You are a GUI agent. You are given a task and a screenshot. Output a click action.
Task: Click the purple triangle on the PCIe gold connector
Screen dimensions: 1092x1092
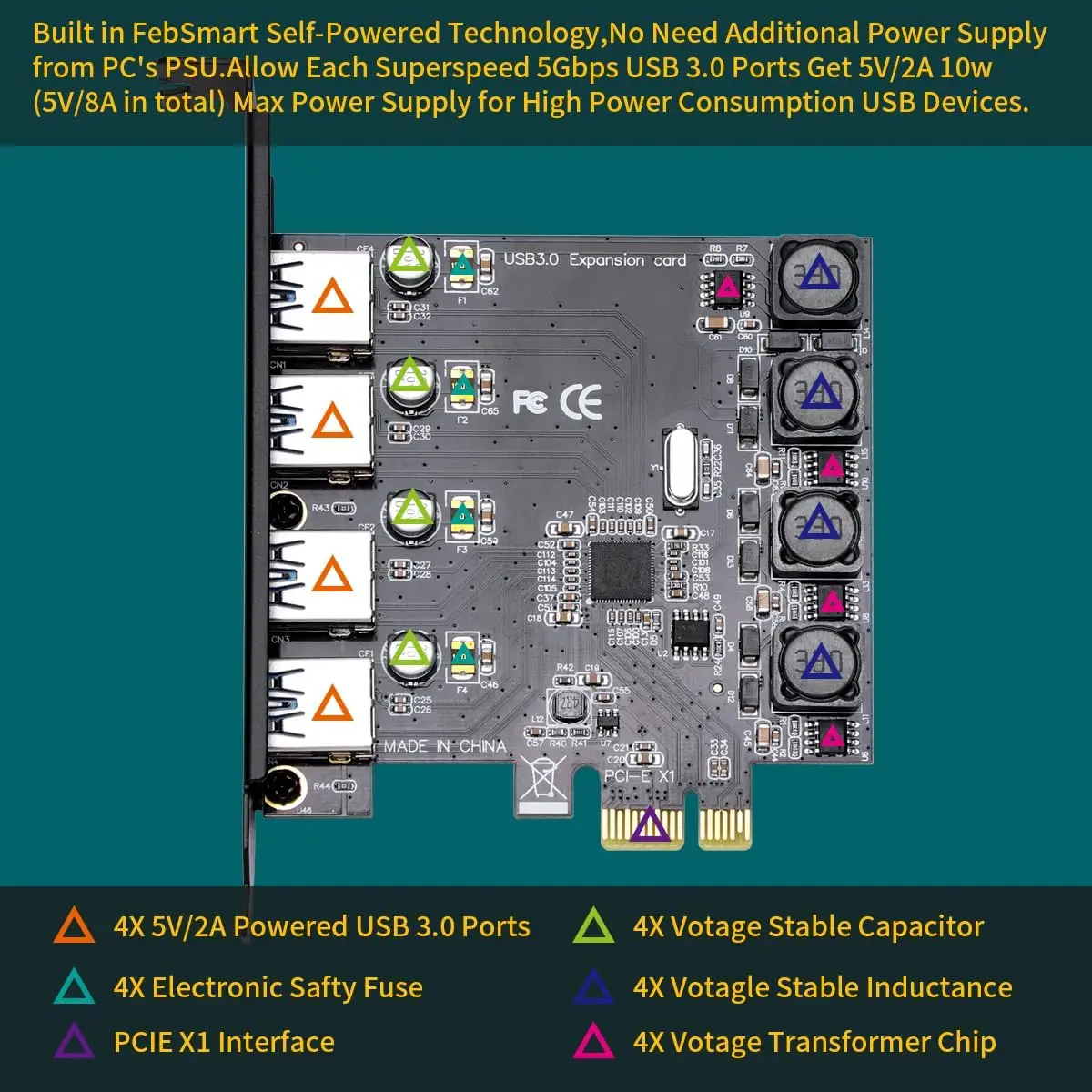tap(650, 824)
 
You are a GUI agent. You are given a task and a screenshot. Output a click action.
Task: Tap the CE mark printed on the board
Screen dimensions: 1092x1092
tap(581, 401)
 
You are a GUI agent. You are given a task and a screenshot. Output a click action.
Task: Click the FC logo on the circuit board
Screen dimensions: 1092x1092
tap(530, 401)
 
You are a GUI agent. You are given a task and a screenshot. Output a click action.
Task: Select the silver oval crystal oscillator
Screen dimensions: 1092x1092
tap(682, 466)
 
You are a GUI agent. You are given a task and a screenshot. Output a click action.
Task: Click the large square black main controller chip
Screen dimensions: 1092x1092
tap(622, 571)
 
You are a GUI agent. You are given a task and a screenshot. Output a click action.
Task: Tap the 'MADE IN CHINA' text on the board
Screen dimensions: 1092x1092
tap(444, 746)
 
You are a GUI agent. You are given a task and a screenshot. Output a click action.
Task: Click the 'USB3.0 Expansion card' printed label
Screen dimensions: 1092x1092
tap(595, 259)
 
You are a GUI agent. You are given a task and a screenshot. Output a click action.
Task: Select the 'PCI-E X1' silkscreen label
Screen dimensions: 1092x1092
tap(640, 775)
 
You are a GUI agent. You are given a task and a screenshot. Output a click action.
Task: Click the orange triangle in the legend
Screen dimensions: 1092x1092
tap(75, 925)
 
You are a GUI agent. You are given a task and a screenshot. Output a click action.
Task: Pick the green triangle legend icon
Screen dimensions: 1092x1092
tap(593, 925)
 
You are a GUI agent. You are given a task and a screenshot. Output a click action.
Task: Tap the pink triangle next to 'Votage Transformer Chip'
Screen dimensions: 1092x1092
tap(593, 1041)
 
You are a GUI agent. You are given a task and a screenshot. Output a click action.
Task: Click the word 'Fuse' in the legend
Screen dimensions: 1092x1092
tap(393, 987)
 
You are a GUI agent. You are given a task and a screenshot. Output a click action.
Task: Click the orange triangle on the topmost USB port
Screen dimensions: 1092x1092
tap(332, 297)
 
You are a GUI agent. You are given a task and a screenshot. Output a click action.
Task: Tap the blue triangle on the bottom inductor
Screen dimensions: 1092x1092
tap(820, 662)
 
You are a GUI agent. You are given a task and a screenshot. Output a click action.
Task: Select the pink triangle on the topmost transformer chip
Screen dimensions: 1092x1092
tap(727, 288)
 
